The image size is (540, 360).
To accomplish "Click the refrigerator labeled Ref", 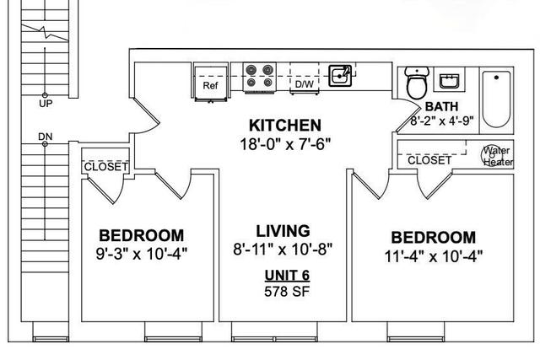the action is click(211, 82).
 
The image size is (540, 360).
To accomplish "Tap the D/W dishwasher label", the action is click(305, 84).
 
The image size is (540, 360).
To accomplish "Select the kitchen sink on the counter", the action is click(340, 75).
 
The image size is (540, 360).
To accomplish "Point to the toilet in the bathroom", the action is click(417, 83).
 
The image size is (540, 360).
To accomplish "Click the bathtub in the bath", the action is click(496, 99).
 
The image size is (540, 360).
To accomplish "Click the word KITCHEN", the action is click(285, 126).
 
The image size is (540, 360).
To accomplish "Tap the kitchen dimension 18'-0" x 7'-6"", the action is click(285, 144).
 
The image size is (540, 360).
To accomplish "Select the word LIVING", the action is click(283, 231).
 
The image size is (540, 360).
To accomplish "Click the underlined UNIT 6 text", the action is click(287, 276).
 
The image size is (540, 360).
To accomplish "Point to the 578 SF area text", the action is click(287, 292).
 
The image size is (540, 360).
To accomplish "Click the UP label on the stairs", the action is click(46, 104).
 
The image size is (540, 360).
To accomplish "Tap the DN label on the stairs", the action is click(45, 137).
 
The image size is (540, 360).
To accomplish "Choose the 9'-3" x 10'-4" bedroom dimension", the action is click(142, 254).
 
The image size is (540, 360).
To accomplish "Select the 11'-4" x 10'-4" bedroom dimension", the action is click(433, 256).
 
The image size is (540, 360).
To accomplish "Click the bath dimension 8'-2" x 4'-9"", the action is click(442, 121).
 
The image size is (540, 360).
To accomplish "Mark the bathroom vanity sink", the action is click(449, 81).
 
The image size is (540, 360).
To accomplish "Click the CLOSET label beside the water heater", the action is click(429, 160).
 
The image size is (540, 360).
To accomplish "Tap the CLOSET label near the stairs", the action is click(105, 167).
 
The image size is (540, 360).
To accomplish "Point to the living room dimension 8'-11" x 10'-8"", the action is click(283, 249).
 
